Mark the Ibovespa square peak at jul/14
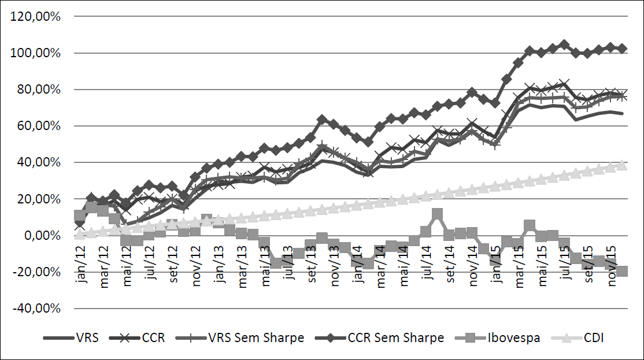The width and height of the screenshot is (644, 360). pos(438,215)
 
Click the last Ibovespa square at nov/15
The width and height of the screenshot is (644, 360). pos(622,271)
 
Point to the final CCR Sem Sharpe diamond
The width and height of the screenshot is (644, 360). pos(622,49)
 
